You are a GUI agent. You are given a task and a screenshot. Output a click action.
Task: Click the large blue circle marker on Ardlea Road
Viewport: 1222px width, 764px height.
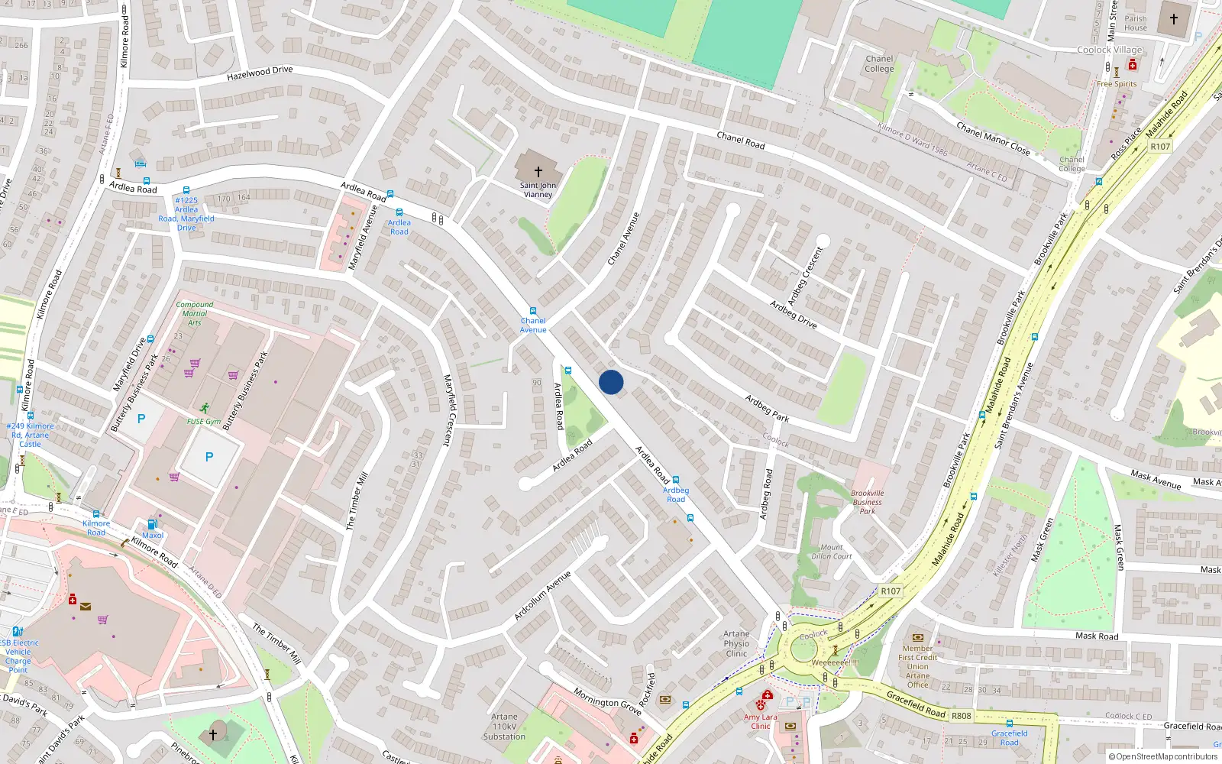pos(611,382)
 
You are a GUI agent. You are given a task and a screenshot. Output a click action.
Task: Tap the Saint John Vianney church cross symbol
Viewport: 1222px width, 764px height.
pos(538,172)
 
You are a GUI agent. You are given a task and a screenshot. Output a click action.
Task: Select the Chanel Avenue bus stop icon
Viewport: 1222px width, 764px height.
pos(533,311)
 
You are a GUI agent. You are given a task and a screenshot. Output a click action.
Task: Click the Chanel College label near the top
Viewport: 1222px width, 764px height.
pos(879,63)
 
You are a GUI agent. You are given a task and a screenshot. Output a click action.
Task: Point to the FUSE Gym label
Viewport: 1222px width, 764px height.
pos(204,421)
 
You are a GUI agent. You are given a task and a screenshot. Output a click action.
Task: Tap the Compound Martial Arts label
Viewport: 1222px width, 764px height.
pos(195,313)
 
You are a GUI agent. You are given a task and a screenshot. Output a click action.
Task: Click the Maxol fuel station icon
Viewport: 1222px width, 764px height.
pos(152,524)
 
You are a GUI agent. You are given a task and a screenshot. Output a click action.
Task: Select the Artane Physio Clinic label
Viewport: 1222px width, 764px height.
pos(736,643)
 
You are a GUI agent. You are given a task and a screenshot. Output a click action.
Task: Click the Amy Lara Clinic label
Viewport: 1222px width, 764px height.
pos(760,721)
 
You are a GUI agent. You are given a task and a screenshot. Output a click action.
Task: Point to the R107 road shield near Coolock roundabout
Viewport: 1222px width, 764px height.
pos(891,591)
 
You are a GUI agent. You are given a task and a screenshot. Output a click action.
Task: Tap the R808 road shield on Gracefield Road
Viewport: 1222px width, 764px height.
pos(961,716)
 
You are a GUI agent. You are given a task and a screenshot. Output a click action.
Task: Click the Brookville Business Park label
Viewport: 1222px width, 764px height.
pos(867,502)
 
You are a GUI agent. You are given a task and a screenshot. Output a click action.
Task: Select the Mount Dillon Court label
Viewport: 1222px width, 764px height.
pos(832,552)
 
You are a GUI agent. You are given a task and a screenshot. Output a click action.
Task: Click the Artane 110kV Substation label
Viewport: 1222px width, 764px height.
pos(504,727)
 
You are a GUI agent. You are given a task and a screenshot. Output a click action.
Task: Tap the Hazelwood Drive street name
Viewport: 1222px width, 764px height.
pos(260,73)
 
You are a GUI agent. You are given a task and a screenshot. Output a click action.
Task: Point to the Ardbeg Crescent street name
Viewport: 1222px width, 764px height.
pos(806,276)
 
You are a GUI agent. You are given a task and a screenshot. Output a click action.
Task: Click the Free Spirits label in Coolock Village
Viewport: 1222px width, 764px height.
pos(1117,84)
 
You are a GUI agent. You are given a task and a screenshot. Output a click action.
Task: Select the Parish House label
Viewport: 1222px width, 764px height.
pos(1135,23)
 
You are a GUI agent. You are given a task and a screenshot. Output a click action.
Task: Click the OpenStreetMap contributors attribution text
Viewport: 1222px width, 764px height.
pos(1166,756)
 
